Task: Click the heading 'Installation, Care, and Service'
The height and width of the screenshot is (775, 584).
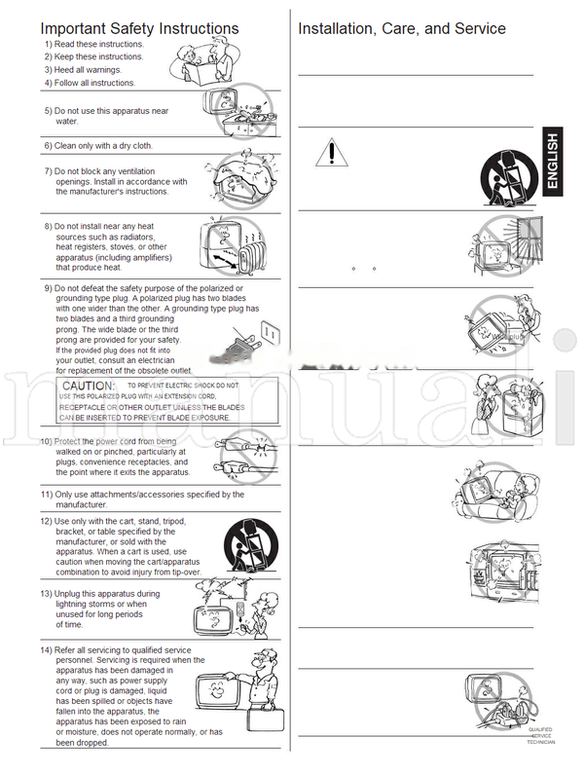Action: (x=401, y=28)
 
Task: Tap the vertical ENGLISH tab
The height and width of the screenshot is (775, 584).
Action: (x=552, y=165)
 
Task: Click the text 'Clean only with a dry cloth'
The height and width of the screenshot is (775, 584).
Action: (x=103, y=146)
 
